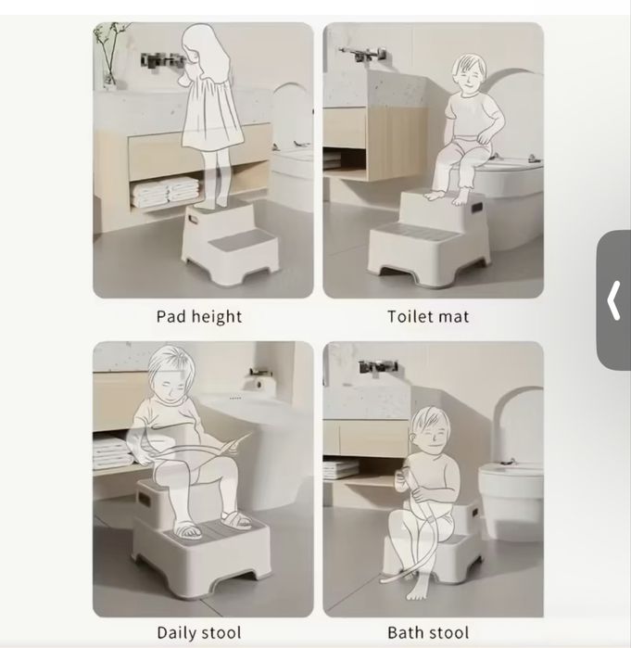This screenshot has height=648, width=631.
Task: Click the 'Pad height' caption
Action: point(199,317)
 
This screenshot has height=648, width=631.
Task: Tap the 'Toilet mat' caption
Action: point(428,317)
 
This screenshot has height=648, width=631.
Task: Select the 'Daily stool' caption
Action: point(199,633)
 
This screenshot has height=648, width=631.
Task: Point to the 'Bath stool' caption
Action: point(428,633)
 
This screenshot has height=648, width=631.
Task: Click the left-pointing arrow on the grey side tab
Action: point(613,300)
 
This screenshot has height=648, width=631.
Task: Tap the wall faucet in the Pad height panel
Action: point(162,60)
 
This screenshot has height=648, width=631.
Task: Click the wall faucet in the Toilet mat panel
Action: point(362,54)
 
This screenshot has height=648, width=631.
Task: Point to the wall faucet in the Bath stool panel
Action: point(377,367)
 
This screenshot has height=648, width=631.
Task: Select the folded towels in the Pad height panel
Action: point(165,192)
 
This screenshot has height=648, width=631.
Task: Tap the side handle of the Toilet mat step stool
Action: point(476,207)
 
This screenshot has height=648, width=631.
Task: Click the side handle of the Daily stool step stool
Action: point(145,499)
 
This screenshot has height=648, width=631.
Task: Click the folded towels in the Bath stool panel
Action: point(341,469)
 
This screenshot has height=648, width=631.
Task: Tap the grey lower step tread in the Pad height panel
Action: point(236,241)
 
